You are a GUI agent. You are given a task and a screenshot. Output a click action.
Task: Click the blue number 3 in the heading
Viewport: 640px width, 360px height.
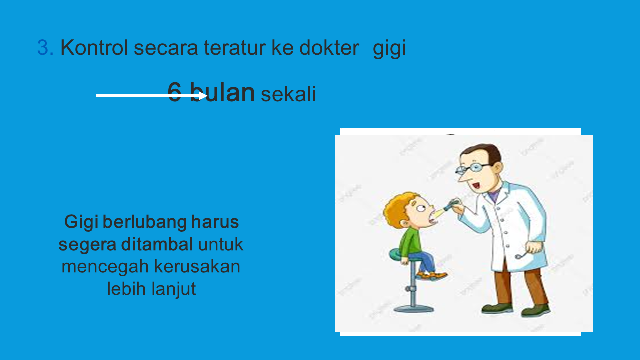click(x=43, y=47)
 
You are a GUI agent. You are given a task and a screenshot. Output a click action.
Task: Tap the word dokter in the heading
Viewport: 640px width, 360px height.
click(x=329, y=47)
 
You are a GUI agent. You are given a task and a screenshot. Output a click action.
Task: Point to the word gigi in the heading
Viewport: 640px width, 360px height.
click(x=389, y=49)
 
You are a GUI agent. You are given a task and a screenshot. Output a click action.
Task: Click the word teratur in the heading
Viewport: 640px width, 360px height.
click(x=235, y=47)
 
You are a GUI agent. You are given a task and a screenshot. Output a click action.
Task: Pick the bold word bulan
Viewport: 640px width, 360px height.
click(x=222, y=92)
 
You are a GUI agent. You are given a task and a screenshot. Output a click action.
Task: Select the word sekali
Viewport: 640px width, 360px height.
click(x=288, y=94)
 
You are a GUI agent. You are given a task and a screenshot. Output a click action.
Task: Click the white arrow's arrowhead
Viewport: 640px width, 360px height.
click(x=203, y=96)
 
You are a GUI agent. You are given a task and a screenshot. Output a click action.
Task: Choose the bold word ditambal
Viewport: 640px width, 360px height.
click(x=157, y=244)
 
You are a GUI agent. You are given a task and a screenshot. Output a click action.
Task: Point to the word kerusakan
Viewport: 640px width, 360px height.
click(x=197, y=266)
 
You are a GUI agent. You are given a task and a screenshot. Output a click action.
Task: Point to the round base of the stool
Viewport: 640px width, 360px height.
click(x=413, y=309)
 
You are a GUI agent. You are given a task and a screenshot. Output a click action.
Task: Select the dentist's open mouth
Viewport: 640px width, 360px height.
click(x=476, y=186)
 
